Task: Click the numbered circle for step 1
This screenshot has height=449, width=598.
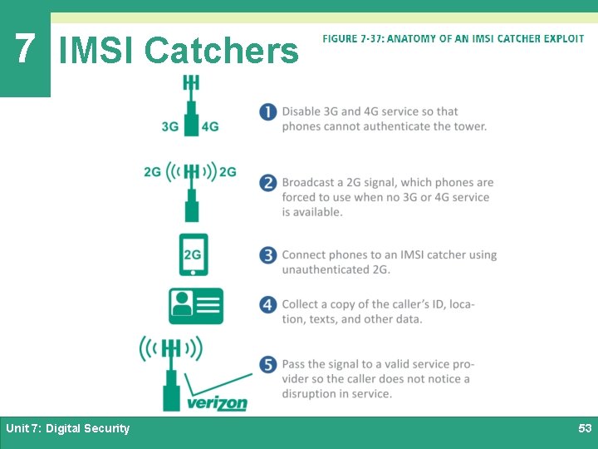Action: coord(267,111)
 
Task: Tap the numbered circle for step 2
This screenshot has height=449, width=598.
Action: coord(267,183)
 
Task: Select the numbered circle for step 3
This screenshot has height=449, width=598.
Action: coord(267,254)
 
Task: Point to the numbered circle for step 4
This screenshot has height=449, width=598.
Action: coord(267,304)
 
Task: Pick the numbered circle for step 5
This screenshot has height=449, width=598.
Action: coord(267,364)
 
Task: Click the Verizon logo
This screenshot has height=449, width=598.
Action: coord(217,403)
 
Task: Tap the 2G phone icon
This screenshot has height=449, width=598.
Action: coord(193,254)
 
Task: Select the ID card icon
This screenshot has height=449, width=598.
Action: coord(196,306)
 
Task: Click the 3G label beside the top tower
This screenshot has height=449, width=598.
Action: coord(170,127)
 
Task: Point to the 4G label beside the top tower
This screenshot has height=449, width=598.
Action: coord(210,127)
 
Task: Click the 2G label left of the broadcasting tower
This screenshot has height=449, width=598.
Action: coord(153,172)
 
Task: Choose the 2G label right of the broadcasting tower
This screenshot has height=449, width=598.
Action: coord(228,172)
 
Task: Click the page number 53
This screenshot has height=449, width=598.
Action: coord(585,428)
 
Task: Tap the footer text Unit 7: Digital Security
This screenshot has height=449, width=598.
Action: coord(67,428)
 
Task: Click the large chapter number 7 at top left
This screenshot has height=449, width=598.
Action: coord(24,48)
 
